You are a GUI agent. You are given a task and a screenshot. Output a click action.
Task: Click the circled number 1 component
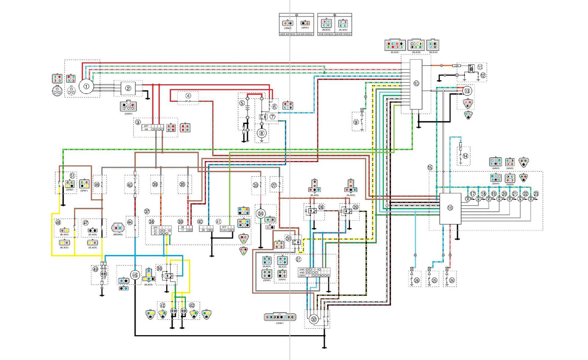[85, 86]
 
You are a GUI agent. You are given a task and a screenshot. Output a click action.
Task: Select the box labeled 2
[129, 89]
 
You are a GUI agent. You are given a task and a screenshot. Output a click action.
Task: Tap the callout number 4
[188, 96]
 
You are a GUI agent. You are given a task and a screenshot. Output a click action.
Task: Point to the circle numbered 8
[262, 134]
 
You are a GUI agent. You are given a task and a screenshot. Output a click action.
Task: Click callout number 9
[356, 122]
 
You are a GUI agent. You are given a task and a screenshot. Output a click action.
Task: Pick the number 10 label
[416, 84]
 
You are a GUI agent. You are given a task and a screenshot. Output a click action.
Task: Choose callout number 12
[483, 75]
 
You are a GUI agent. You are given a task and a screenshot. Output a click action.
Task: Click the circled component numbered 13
[467, 91]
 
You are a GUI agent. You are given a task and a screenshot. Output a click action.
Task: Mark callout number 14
[465, 156]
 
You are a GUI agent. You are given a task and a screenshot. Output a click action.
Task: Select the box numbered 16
[450, 208]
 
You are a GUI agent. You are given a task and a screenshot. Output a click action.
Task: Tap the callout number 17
[473, 194]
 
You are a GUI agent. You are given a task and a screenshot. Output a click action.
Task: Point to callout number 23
[536, 194]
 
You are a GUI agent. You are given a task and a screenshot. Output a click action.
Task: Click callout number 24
[452, 280]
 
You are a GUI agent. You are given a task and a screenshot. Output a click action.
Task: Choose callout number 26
[417, 280]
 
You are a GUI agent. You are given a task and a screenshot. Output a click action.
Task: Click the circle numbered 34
[261, 214]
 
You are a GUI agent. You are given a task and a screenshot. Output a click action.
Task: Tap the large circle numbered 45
[135, 275]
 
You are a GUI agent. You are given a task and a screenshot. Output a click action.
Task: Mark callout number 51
[72, 175]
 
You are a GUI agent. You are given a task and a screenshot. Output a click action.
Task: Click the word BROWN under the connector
[117, 235]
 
